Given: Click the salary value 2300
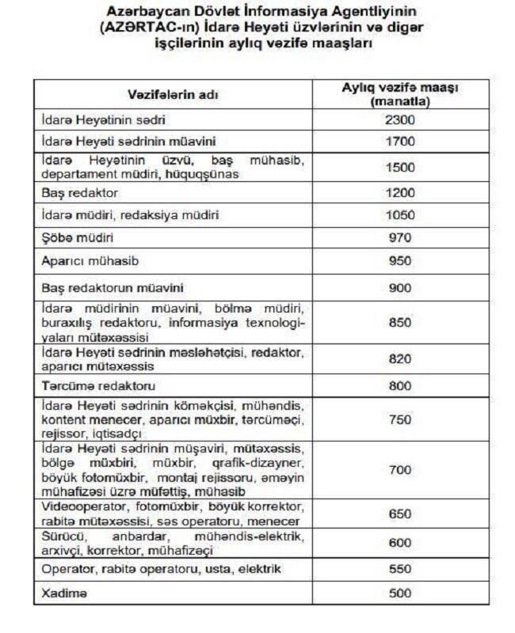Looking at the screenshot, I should (400, 120).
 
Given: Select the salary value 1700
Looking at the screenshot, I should (400, 142).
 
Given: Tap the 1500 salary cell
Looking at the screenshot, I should (400, 168).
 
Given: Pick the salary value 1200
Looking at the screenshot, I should (400, 192).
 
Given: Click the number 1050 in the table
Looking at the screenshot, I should (400, 215).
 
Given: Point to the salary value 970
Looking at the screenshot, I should (400, 237).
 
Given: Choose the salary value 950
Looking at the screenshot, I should (400, 260).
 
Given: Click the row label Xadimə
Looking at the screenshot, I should (64, 592).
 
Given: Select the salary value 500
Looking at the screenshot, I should (400, 592).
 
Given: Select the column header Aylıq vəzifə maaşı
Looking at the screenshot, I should (400, 89).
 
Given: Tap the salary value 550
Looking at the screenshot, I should (400, 569).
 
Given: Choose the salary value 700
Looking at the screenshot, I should (400, 470).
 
